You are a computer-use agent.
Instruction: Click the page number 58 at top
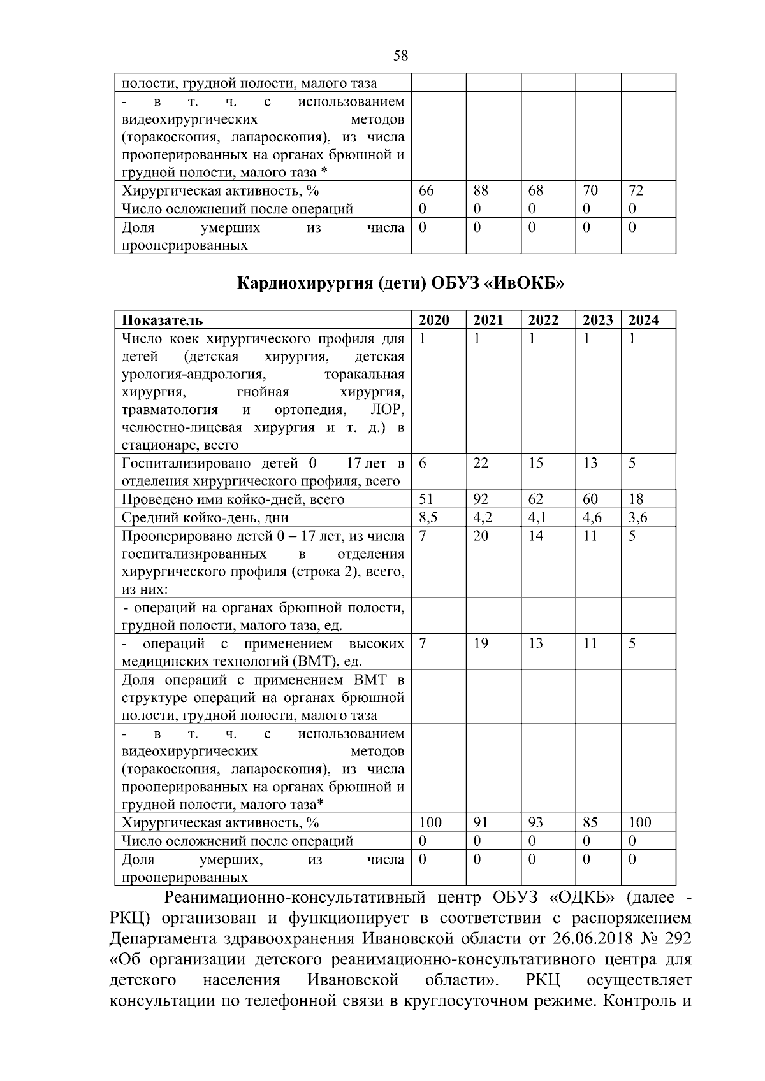click(x=400, y=55)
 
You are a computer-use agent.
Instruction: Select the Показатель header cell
click(x=163, y=320)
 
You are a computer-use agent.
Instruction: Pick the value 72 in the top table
click(x=636, y=190)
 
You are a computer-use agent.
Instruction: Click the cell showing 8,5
click(x=428, y=517)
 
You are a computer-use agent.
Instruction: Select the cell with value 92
click(x=481, y=499)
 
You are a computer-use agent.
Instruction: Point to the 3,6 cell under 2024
click(x=637, y=517)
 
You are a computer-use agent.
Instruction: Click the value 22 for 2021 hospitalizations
click(x=481, y=463)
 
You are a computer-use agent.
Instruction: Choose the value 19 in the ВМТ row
click(x=481, y=643)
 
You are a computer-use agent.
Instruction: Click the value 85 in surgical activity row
click(x=590, y=822)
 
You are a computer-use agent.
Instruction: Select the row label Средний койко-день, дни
click(x=205, y=517)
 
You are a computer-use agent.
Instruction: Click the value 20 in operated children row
click(x=481, y=536)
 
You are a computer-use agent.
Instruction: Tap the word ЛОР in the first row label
click(x=391, y=410)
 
